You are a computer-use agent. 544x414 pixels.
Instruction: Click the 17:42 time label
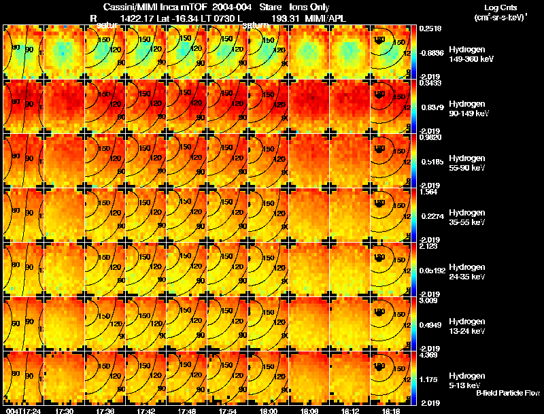pyautogui.click(x=146, y=411)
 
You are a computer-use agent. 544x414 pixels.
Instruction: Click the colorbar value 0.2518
pyautogui.click(x=430, y=29)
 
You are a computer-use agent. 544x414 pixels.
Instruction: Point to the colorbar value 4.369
pyautogui.click(x=430, y=355)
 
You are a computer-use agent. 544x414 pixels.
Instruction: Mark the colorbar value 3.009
pyautogui.click(x=430, y=300)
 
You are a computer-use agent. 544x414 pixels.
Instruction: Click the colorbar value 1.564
pyautogui.click(x=430, y=192)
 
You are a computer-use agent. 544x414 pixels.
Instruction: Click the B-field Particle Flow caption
pyautogui.click(x=507, y=393)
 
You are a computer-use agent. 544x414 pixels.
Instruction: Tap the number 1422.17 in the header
pyautogui.click(x=135, y=18)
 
